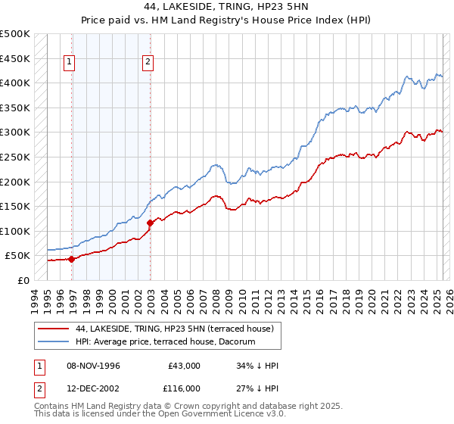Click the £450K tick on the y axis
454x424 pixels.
[x=14, y=58]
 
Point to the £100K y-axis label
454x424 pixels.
[x=14, y=231]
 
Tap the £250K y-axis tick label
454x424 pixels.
[x=14, y=157]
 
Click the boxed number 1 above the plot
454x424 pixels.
[x=70, y=63]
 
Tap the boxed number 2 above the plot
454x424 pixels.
[x=148, y=63]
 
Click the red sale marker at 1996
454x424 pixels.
[x=71, y=259]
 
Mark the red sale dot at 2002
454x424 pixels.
[x=151, y=223]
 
